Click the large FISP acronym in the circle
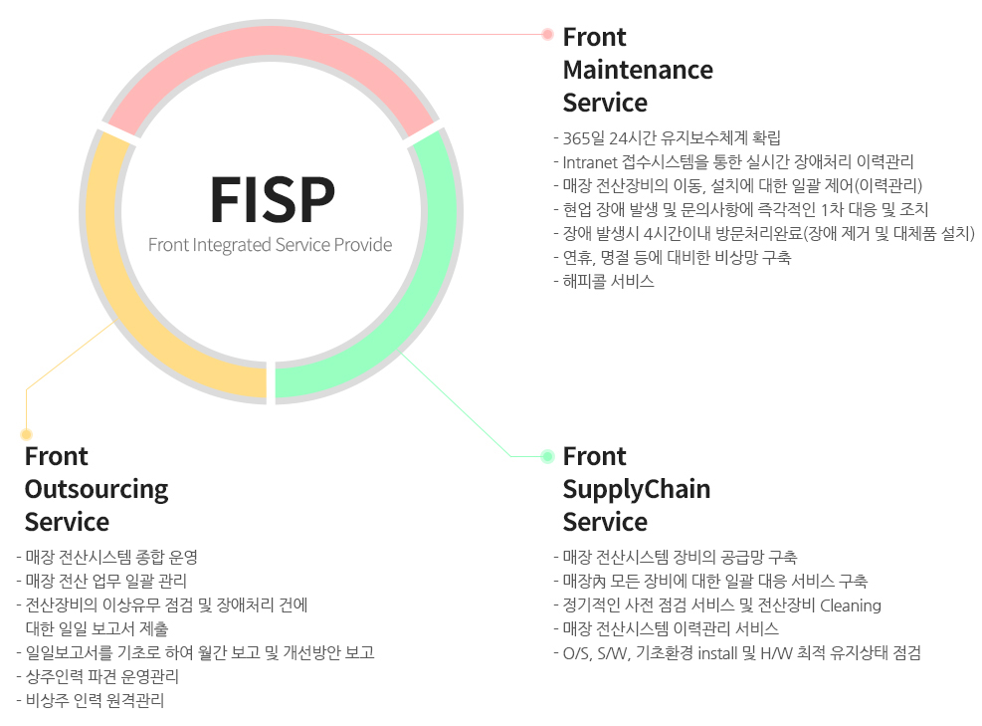272,200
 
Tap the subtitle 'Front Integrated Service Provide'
270,245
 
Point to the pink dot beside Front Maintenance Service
547,34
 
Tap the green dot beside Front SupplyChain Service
547,456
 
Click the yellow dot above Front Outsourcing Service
27,434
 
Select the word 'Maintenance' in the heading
638,70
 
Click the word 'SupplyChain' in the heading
637,489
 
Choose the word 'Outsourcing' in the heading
97,489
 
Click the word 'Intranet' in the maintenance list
591,161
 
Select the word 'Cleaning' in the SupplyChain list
850,605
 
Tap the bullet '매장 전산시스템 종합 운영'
111,557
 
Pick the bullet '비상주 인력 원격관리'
95,700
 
